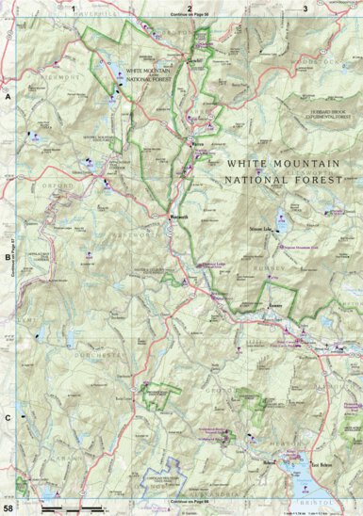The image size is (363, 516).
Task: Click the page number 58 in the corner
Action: click(8, 508)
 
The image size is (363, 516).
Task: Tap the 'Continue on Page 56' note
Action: click(189, 17)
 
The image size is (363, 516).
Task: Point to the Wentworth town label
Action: click(179, 217)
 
